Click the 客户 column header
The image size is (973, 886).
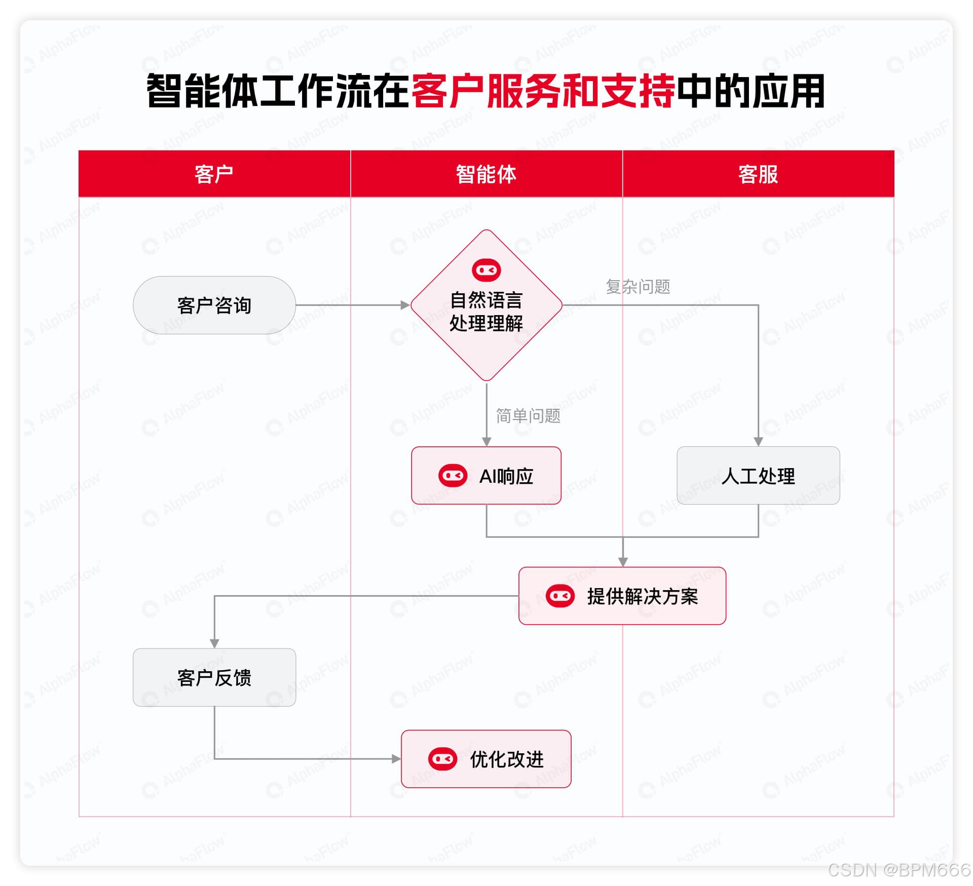(214, 174)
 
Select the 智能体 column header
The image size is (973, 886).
(486, 174)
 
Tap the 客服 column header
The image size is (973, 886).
(758, 174)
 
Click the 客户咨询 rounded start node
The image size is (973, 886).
(214, 305)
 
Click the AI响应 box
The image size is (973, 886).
(486, 475)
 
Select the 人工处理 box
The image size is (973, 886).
(758, 475)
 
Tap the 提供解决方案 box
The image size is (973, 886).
(622, 596)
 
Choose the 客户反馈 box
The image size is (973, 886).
(214, 677)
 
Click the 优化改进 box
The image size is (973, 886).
(486, 759)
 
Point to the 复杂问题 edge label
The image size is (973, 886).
(638, 287)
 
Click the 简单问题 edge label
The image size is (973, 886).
(528, 416)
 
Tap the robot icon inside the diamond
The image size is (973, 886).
(486, 270)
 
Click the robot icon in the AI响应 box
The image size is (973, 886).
(453, 476)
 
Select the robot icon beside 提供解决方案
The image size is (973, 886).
(560, 596)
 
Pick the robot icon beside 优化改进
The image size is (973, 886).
(442, 759)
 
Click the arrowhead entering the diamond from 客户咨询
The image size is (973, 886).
(405, 305)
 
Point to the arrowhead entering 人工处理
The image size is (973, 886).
(758, 442)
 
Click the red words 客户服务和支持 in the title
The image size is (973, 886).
(543, 91)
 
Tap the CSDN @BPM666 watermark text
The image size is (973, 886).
(899, 870)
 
